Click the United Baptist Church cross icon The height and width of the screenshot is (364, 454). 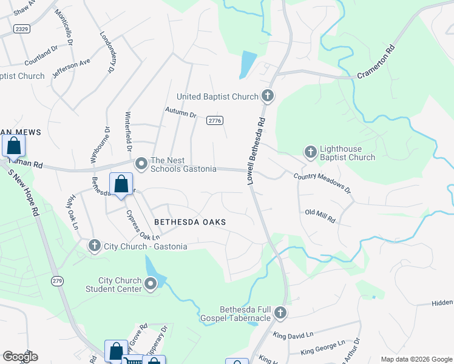(268, 96)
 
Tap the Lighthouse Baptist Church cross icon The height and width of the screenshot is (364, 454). (311, 152)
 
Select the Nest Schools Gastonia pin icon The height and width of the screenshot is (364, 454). (141, 163)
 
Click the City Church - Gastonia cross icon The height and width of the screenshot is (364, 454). (95, 245)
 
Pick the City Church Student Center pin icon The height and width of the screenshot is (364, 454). (151, 283)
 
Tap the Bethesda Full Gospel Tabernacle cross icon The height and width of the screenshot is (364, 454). (280, 313)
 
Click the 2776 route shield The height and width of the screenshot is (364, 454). (213, 121)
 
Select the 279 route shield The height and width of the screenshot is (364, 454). (58, 280)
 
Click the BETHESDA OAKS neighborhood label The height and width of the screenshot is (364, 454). (189, 223)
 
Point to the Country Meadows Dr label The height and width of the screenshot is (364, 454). (322, 183)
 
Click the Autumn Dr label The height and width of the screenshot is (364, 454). (181, 113)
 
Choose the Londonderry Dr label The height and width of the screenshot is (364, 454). (107, 53)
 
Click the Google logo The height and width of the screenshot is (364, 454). (20, 357)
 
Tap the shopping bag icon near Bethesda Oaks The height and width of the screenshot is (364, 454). (121, 184)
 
